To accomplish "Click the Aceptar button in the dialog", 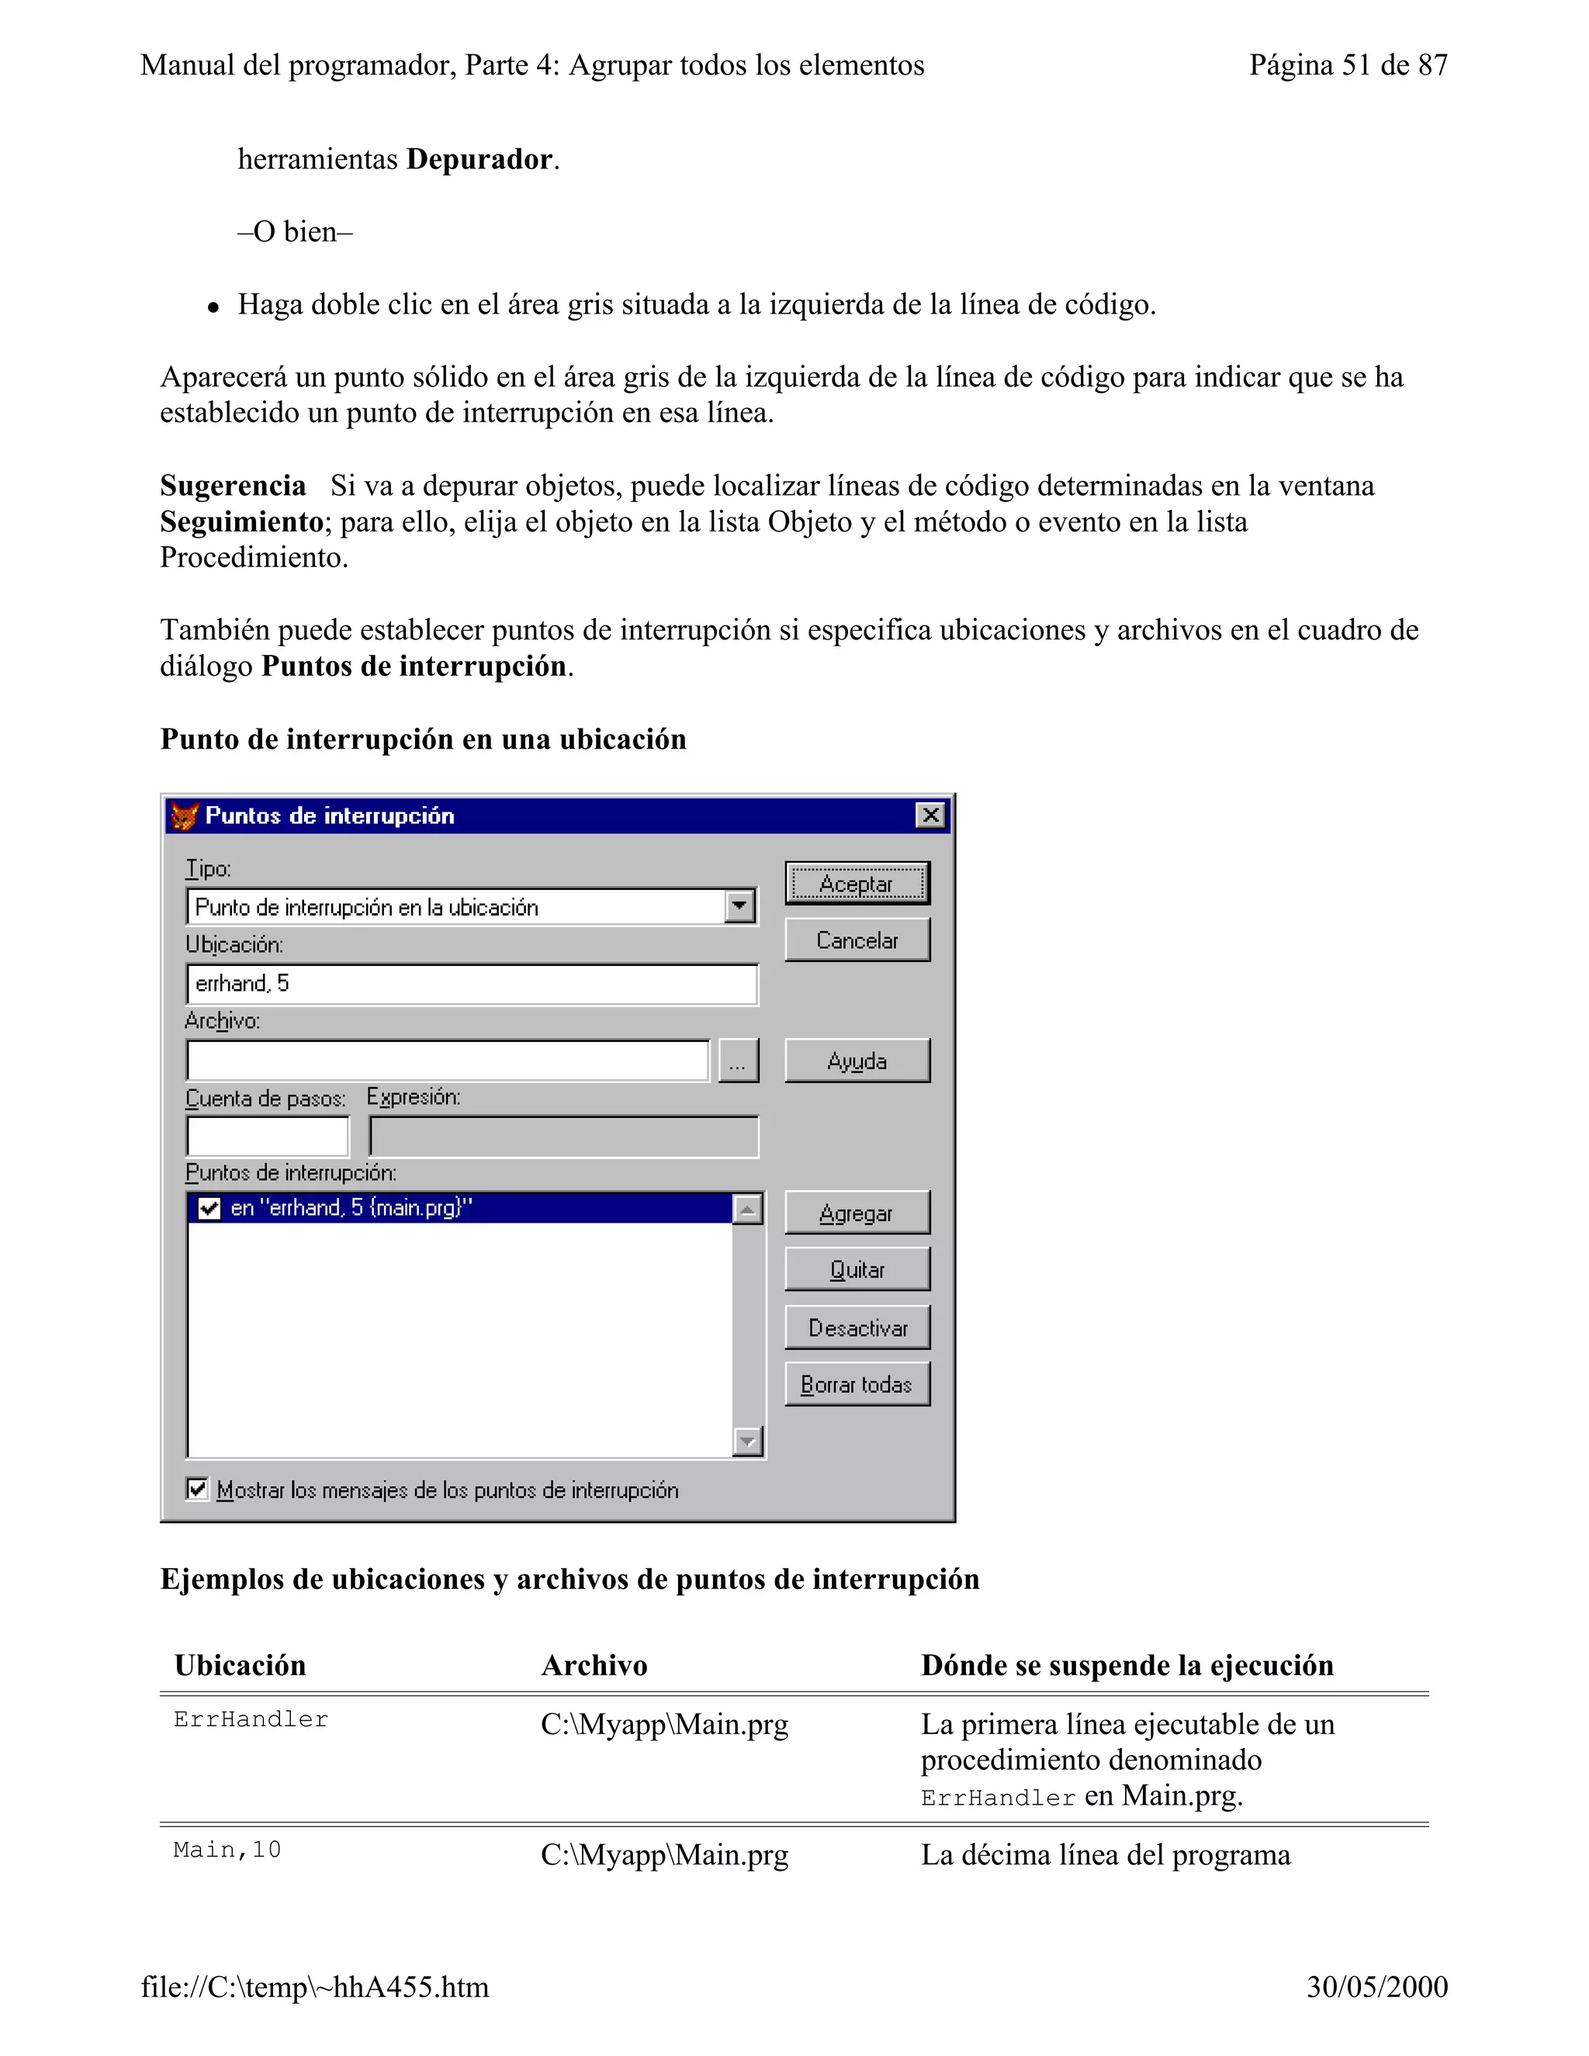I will tap(857, 883).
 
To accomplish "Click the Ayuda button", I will tap(857, 1061).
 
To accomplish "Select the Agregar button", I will tap(857, 1213).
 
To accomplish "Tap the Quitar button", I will tap(857, 1269).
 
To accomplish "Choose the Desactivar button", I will tap(857, 1327).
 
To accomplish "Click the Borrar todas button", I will tap(857, 1384).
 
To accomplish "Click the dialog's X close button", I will tap(930, 815).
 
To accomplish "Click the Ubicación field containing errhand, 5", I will tap(471, 984).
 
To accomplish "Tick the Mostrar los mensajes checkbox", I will tap(197, 1488).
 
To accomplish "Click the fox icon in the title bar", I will tap(185, 815).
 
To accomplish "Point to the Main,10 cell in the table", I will tap(227, 1850).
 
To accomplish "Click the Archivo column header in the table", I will tap(594, 1665).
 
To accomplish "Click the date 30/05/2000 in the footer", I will tap(1376, 1986).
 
